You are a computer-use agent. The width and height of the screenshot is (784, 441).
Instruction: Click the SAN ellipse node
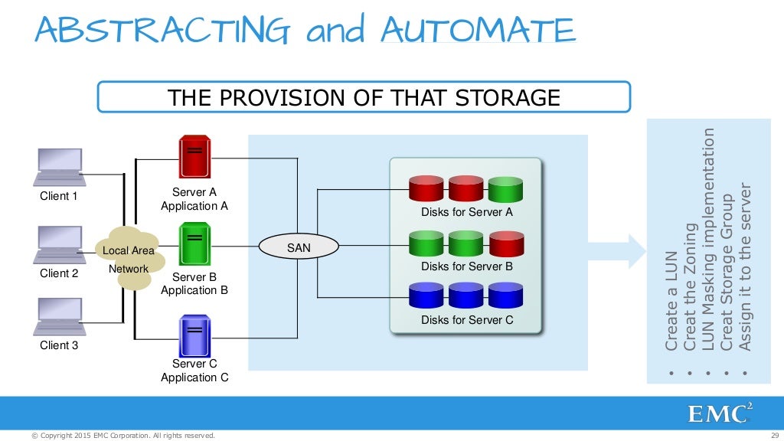298,247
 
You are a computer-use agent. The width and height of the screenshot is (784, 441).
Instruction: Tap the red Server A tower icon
194,158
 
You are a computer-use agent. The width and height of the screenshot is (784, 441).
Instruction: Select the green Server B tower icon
194,243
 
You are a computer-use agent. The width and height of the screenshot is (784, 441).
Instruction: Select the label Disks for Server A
466,212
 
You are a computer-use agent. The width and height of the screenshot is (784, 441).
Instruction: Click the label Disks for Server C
467,320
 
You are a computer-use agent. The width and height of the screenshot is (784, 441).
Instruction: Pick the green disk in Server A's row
505,189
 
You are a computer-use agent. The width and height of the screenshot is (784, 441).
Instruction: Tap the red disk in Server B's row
505,244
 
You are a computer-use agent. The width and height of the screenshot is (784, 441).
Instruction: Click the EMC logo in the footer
719,414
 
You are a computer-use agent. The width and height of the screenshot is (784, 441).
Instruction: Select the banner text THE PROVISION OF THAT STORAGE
364,98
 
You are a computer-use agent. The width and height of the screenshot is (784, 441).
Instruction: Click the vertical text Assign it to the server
745,269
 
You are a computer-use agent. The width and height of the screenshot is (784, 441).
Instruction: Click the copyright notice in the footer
122,436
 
